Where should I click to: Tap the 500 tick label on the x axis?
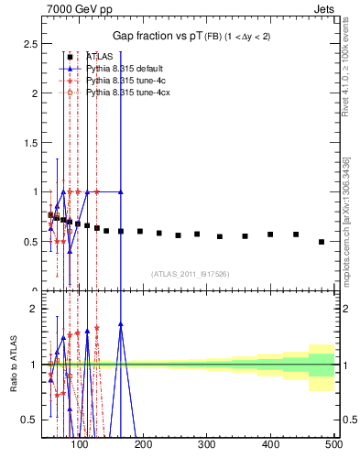point(333,446)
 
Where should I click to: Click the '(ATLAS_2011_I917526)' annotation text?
point(190,273)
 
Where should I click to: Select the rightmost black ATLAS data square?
point(321,242)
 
